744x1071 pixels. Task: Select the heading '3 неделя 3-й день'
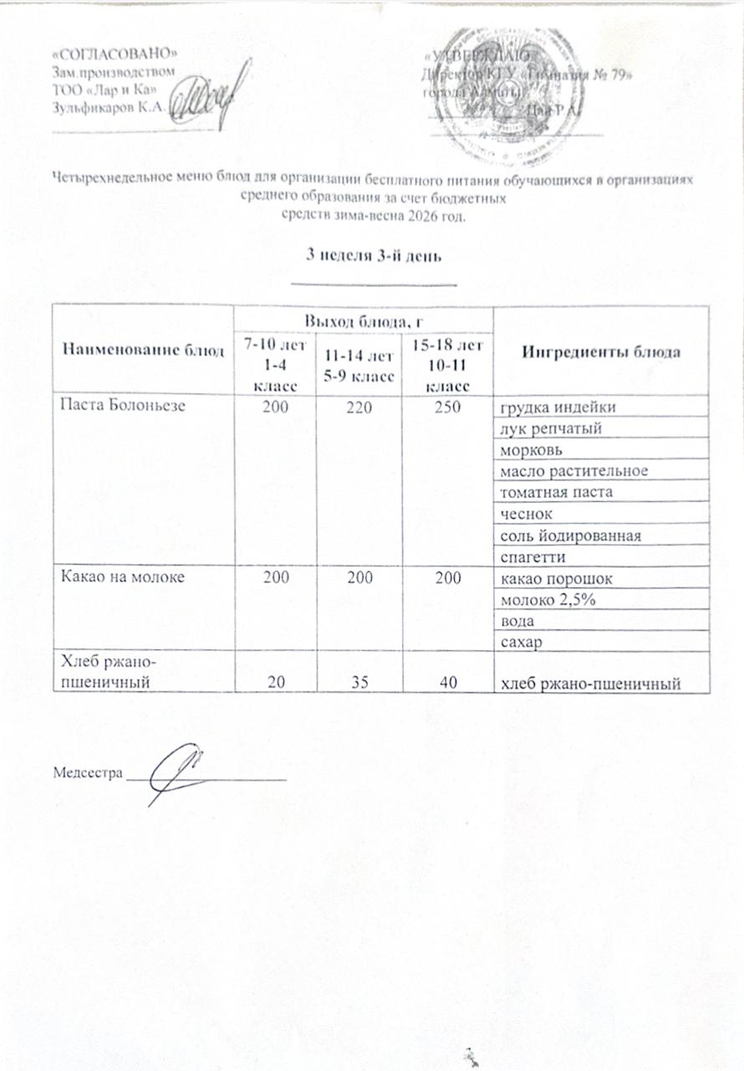[371, 256]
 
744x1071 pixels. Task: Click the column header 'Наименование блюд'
[141, 351]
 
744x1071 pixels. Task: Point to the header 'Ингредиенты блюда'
[601, 351]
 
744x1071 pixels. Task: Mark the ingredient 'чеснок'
[524, 512]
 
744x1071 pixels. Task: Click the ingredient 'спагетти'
[532, 556]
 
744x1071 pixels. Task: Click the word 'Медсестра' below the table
[86, 771]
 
